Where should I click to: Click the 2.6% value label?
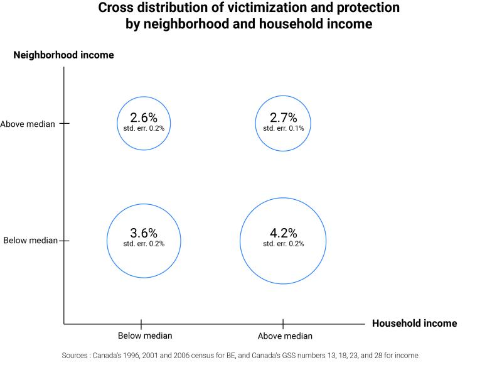coord(144,117)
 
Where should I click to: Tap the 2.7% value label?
coord(283,117)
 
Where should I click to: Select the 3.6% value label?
coord(144,233)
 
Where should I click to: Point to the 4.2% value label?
coord(283,233)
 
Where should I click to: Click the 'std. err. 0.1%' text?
coord(283,128)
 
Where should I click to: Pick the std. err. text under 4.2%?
coord(283,244)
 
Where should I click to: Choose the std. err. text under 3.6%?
coord(144,244)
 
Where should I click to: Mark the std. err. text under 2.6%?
coord(144,128)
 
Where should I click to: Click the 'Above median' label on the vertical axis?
coord(28,124)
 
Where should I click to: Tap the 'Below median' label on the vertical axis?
coord(30,241)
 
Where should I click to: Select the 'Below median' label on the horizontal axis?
coord(145,336)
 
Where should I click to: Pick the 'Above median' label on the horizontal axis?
coord(285,336)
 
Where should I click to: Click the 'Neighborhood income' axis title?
coord(63,55)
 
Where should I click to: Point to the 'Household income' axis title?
coord(414,324)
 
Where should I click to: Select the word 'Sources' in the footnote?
coord(75,356)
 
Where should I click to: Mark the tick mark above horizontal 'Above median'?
coord(283,324)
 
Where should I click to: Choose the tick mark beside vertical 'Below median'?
coord(64,241)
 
